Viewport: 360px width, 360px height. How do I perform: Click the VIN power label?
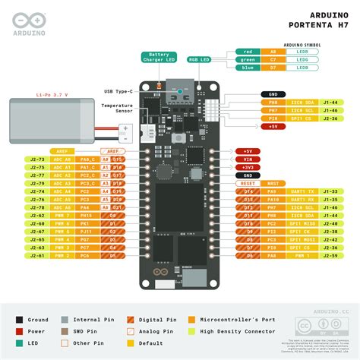(x=248, y=159)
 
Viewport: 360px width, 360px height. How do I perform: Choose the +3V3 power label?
(x=248, y=167)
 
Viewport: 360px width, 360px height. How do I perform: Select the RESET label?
(x=248, y=183)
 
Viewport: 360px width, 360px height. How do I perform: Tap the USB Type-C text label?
(x=118, y=91)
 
